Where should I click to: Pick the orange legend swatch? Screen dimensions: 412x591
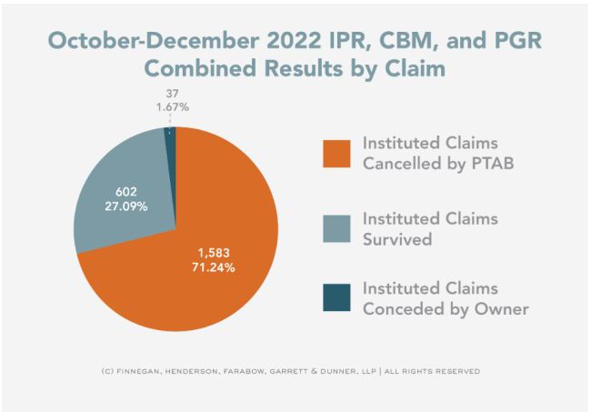[x=336, y=154]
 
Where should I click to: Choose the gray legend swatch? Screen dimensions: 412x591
[x=336, y=226]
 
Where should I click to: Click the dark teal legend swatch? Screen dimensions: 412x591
[x=336, y=297]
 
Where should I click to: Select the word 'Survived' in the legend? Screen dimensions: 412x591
[x=396, y=237]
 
